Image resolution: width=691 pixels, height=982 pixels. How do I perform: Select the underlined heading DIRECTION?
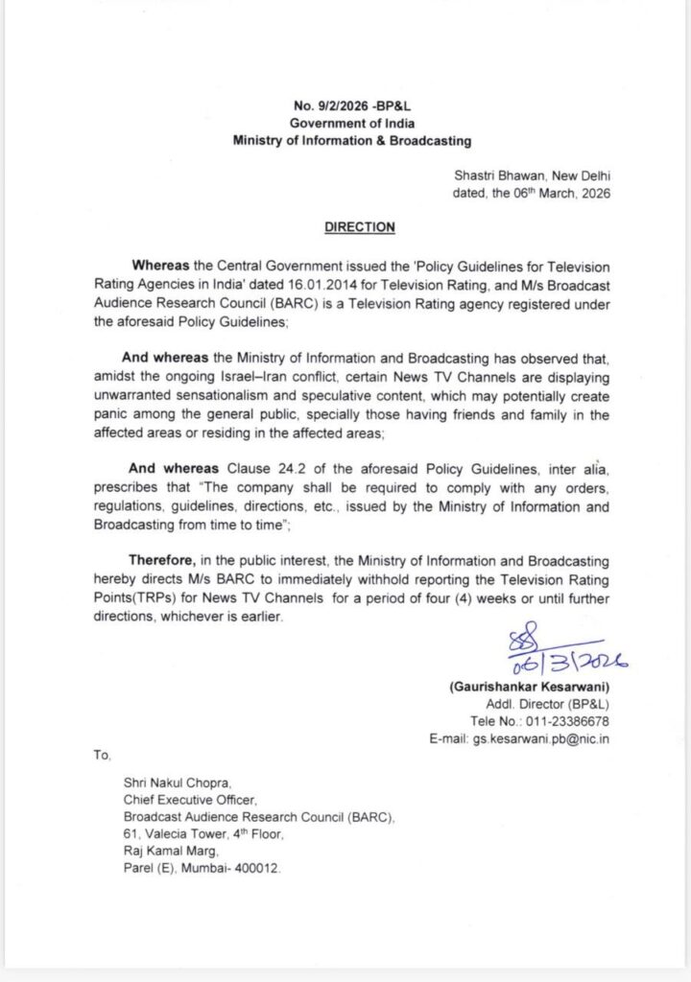coord(359,227)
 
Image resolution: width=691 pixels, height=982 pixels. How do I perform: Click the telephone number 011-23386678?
coord(562,721)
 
